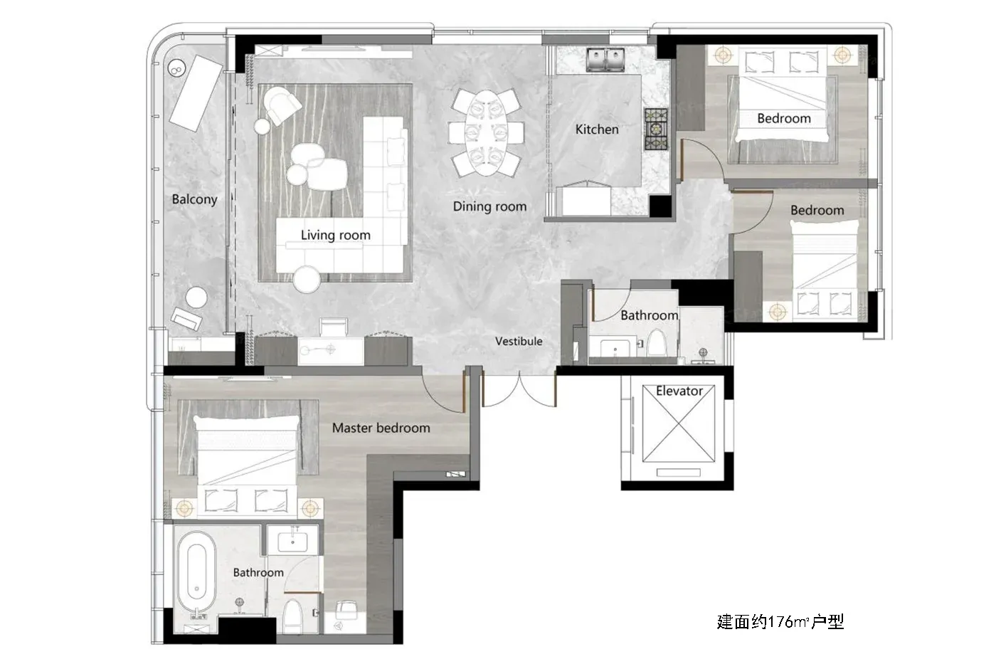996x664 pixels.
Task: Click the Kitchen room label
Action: tap(597, 130)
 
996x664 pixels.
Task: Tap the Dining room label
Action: tap(489, 206)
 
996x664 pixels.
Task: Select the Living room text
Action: tap(335, 235)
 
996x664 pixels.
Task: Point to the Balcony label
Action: tap(194, 199)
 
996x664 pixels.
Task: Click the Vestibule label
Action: tap(519, 341)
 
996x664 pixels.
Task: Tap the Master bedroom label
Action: tap(381, 428)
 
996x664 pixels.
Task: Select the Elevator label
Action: tap(679, 391)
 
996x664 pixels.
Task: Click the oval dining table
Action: tap(486, 133)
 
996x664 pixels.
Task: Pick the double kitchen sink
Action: tap(605, 60)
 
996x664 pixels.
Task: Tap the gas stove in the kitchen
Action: tap(656, 129)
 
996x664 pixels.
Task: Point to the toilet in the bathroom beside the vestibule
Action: tap(657, 342)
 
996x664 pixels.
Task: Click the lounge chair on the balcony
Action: tap(196, 93)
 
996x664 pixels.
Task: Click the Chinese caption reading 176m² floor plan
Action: tap(780, 621)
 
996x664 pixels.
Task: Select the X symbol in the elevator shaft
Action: tap(679, 423)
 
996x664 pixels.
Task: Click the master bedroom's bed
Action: tap(247, 465)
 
